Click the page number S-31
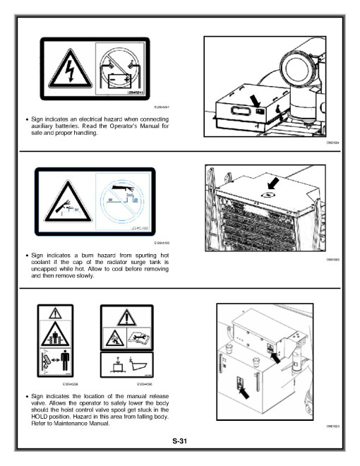[180, 441]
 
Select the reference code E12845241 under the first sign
[163, 107]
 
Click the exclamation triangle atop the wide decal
[127, 316]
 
